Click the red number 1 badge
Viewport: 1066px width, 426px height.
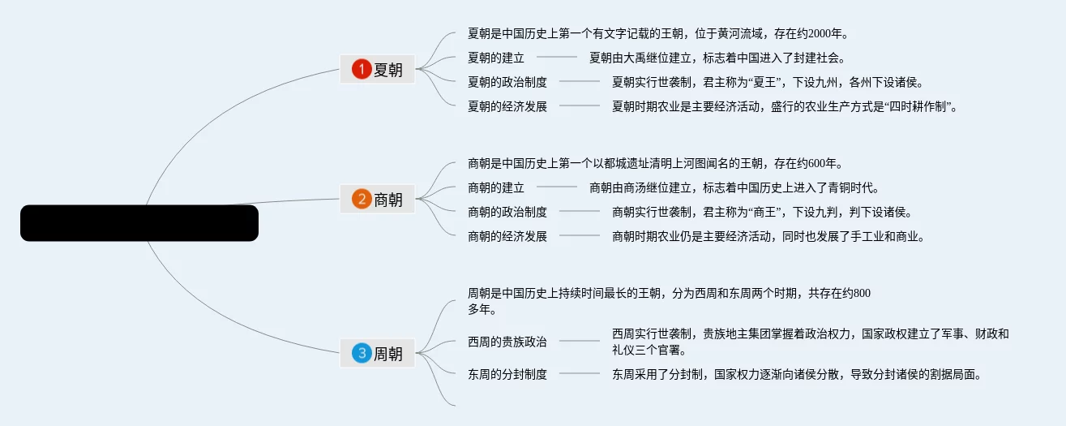362,70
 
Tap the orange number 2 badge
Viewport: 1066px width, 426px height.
362,199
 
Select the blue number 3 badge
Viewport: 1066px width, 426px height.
362,353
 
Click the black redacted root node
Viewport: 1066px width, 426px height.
139,223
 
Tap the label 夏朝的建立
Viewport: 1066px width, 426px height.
496,58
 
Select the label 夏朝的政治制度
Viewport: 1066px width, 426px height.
507,82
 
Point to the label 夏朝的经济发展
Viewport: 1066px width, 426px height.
507,106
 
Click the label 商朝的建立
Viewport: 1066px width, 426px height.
496,188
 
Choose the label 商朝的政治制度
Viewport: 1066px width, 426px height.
507,213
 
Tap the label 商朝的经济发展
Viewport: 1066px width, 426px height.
507,237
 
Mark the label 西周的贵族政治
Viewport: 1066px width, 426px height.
507,342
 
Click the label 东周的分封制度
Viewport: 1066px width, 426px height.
507,375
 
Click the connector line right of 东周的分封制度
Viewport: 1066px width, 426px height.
579,374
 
